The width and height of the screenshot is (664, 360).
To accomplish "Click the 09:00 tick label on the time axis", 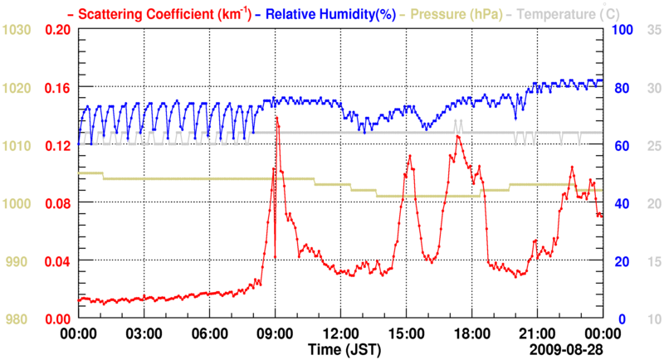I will click(275, 333).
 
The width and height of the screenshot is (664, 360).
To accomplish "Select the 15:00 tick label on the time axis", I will click(406, 333).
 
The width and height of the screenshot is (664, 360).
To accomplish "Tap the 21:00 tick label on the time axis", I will click(537, 333).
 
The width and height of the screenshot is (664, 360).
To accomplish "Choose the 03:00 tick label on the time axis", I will click(144, 333).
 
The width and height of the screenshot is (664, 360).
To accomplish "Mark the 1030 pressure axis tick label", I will click(17, 31).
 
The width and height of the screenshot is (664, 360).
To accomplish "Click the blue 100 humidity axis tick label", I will click(623, 31).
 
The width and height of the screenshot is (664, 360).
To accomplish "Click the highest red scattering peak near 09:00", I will click(276, 119).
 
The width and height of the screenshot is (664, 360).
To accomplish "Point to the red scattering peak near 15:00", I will click(408, 154).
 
